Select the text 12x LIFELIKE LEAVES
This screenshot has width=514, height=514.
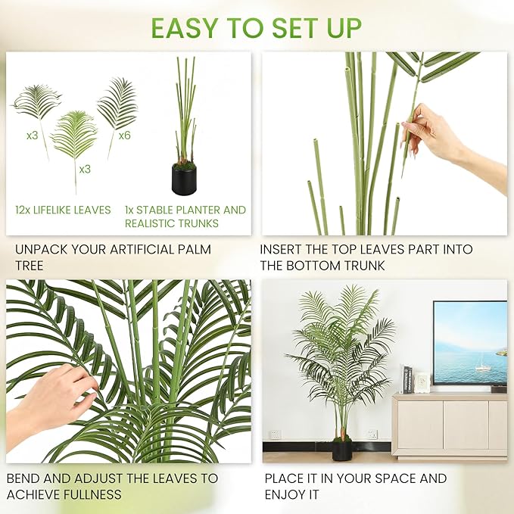(63, 210)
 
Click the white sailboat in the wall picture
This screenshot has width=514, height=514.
(481, 366)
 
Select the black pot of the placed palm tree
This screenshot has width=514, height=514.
(343, 450)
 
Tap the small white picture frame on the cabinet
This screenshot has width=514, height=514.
(422, 383)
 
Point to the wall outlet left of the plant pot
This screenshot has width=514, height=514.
(276, 435)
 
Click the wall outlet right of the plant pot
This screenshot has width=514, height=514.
(372, 435)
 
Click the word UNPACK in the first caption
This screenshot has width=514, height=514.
(40, 249)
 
